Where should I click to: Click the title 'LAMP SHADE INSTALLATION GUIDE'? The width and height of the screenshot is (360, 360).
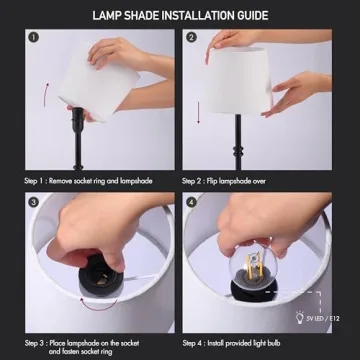180,15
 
